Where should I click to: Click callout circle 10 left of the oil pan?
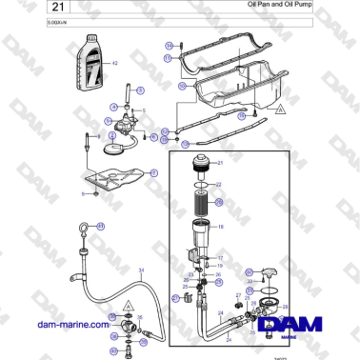point(180,87)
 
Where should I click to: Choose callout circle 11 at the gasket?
point(169,58)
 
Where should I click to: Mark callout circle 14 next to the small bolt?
point(169,45)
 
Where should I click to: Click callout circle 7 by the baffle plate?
point(152,172)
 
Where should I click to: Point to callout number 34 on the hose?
point(142,270)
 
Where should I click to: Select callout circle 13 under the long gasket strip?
point(186,145)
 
